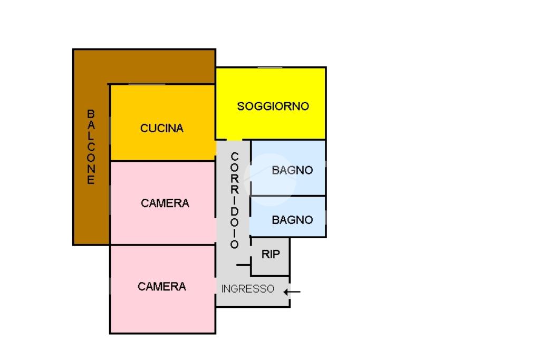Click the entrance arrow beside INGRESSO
click(x=292, y=292)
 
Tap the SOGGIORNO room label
click(x=273, y=106)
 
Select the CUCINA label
click(x=162, y=129)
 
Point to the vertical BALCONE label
click(x=91, y=147)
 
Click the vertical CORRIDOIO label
click(x=235, y=200)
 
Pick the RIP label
click(x=271, y=255)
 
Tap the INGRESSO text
click(x=248, y=289)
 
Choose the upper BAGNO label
click(x=292, y=170)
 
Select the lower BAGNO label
click(x=292, y=220)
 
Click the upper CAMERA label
click(x=165, y=203)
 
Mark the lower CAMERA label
click(x=162, y=287)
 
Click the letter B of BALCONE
click(x=91, y=113)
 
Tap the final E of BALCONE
click(x=91, y=180)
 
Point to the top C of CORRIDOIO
click(x=235, y=157)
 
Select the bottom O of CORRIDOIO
click(x=235, y=245)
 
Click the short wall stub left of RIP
click(x=244, y=265)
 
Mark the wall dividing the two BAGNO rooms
click(x=288, y=196)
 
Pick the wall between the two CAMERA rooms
click(x=162, y=245)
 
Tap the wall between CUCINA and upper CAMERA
click(x=162, y=161)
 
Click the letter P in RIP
click(x=276, y=255)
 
